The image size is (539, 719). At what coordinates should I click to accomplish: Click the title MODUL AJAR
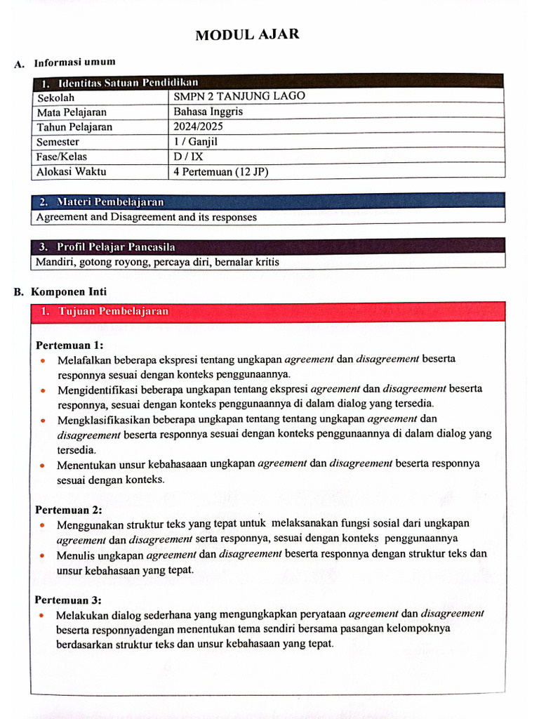pos(247,34)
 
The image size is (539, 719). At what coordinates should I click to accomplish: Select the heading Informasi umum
pos(75,63)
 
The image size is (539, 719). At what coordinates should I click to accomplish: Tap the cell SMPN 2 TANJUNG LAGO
pos(239,96)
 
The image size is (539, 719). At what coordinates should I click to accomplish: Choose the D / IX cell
pos(188,156)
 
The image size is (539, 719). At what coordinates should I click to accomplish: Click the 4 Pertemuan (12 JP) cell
pos(221,171)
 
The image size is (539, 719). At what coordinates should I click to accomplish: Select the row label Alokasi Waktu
pos(72,171)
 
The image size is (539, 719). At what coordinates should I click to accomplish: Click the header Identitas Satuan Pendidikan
pos(128,83)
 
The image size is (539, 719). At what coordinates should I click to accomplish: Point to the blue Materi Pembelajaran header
pos(110,202)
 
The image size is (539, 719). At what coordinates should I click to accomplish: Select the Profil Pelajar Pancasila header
pos(116,247)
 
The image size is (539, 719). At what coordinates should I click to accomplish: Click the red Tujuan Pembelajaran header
pos(113,311)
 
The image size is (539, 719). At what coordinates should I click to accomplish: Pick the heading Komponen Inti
pos(69,291)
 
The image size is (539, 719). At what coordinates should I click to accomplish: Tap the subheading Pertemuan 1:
pos(69,345)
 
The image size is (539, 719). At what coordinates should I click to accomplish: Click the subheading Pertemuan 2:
pos(69,510)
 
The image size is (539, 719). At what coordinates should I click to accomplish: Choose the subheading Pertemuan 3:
pos(68,600)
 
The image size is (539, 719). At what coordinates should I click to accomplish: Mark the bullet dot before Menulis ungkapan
pos(44,556)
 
